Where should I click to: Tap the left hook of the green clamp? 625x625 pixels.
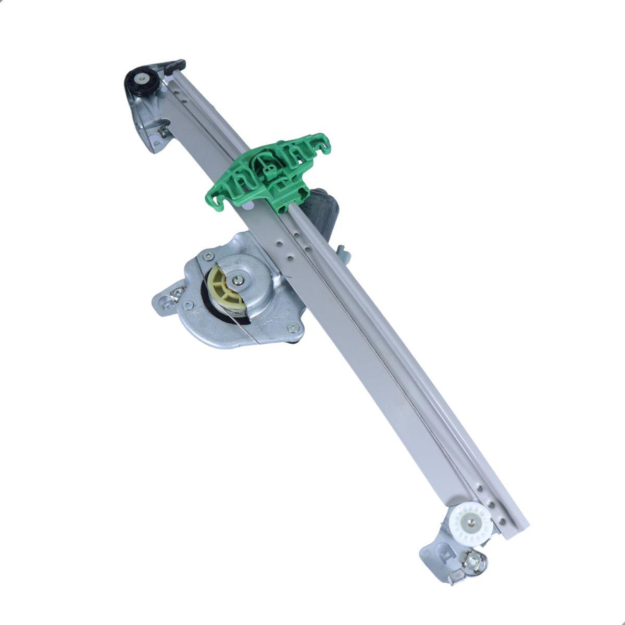pos(217,201)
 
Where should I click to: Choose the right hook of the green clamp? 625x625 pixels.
pos(323,141)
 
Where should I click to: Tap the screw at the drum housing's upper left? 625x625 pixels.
pos(208,256)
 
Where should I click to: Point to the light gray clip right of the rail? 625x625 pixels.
pos(344,253)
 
